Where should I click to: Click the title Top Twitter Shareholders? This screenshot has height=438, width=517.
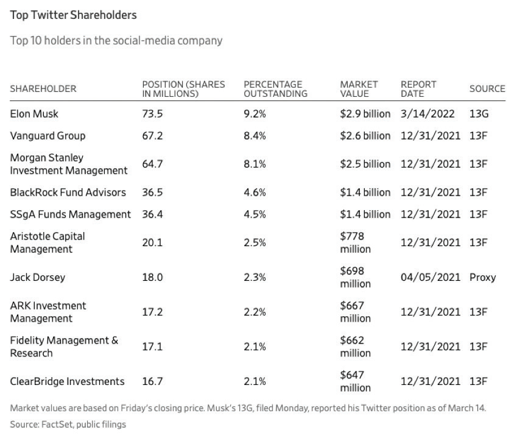point(73,15)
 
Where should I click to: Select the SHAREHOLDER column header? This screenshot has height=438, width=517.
point(43,89)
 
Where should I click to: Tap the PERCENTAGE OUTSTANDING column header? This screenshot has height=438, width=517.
point(275,89)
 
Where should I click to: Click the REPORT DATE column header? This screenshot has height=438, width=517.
point(418,89)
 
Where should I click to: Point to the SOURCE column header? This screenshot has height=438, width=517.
point(487,89)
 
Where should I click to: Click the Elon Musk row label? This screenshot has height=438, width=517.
point(34,114)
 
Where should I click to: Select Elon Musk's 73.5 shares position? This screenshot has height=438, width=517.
point(152,114)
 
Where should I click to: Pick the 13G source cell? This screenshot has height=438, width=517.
point(479,114)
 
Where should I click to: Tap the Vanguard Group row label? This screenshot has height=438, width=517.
point(47,136)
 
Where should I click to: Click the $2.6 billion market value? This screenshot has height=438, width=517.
point(365,136)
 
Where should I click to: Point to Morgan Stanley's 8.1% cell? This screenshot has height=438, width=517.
point(255,164)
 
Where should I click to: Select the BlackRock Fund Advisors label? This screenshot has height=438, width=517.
point(68,193)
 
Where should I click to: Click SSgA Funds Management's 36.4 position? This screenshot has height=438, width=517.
point(152,214)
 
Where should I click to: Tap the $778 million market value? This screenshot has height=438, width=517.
point(356,242)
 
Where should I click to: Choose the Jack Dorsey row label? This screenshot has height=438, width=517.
point(37,277)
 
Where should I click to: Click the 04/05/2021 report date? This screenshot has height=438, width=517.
point(431,277)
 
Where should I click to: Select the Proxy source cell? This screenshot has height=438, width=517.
point(483,277)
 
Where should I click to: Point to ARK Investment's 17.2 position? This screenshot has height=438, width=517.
point(152,312)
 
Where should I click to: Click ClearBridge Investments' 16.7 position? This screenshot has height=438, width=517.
point(152,381)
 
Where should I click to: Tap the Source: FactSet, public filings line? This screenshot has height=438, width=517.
point(68,425)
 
